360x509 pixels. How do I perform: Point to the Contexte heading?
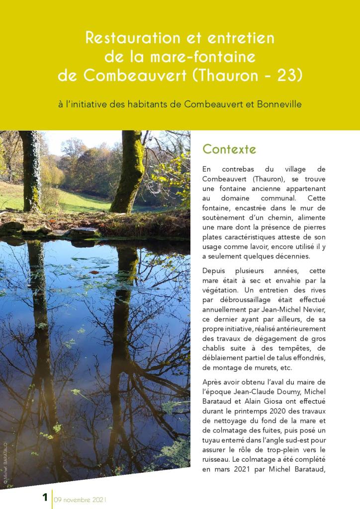click(229, 149)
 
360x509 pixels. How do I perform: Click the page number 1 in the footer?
click(45, 498)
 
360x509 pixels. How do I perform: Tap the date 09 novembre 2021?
click(81, 499)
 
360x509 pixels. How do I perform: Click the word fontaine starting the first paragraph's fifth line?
click(217, 209)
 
